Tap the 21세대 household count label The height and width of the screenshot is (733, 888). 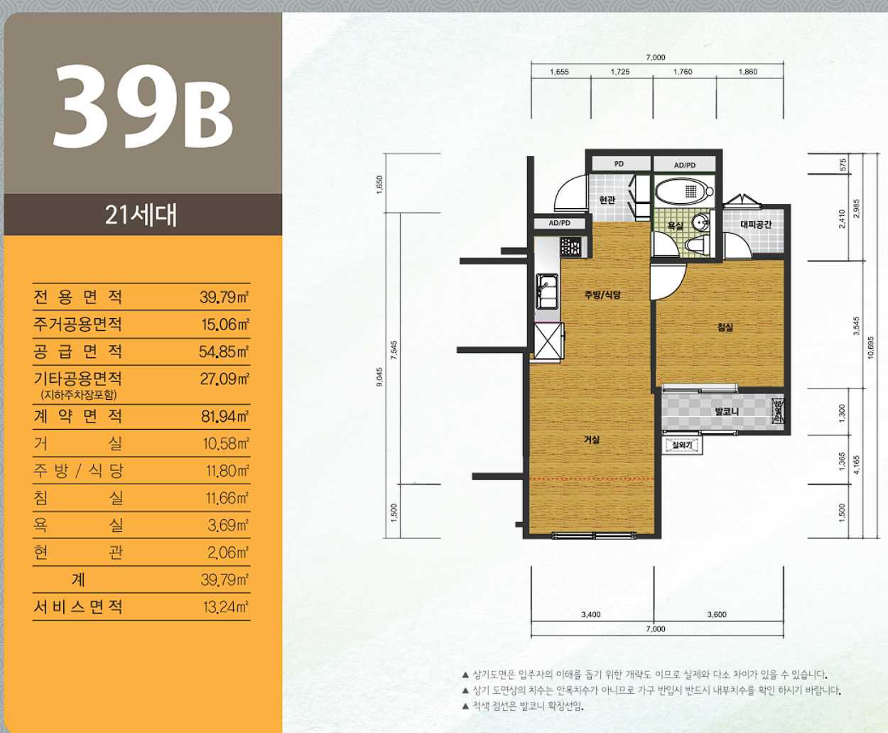point(141,215)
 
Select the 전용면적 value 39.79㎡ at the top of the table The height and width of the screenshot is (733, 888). point(224,297)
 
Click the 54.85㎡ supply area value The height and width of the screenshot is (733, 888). point(224,352)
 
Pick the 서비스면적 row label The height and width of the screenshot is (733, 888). point(78,607)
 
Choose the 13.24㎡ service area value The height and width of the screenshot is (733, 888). point(225,607)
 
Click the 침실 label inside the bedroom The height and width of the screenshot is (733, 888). point(725,327)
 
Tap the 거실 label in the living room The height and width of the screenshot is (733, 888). point(592,439)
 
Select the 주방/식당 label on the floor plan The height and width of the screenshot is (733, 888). point(602,294)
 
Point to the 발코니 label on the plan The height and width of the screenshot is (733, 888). point(727,411)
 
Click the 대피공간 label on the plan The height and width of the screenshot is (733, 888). point(756,224)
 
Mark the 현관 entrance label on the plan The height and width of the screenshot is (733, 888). point(607,200)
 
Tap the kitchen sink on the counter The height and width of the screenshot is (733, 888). point(547,292)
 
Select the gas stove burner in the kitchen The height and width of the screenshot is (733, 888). point(570,246)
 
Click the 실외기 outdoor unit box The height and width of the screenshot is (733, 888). point(682,445)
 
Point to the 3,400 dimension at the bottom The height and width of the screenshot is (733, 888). point(591,614)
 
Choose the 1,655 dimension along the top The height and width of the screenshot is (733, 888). point(559,72)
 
